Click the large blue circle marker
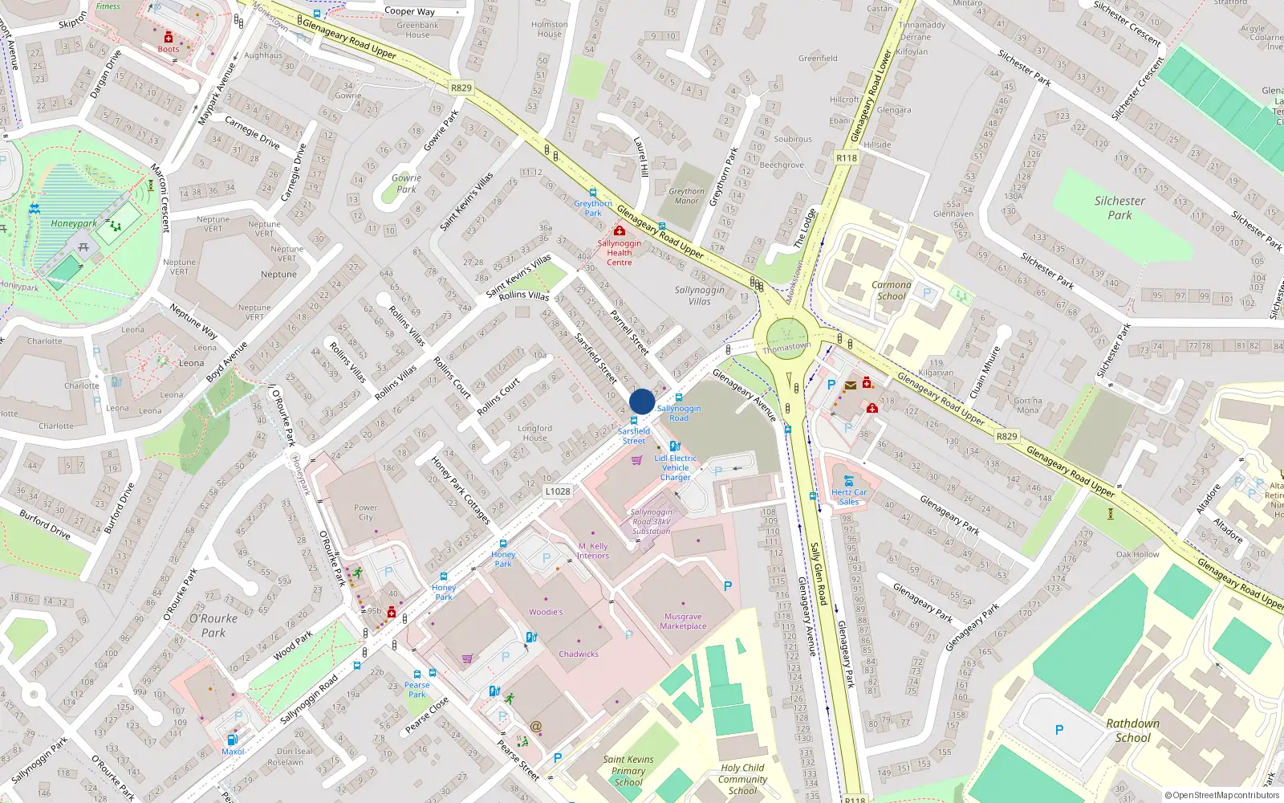pos(642,401)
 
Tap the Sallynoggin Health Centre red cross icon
pos(619,231)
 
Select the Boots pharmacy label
pos(169,49)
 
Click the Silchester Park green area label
pos(1119,208)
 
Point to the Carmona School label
pos(891,291)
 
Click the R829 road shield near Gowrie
pos(461,88)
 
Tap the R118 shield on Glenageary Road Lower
pos(847,158)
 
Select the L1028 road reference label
pos(558,491)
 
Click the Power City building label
pos(365,512)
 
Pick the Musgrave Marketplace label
pos(683,622)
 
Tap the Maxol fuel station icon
pos(232,740)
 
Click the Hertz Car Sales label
pos(849,497)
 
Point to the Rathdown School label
pos(1132,730)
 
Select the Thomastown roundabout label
pos(786,348)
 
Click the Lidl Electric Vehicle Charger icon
pos(675,446)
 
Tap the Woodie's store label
pos(546,612)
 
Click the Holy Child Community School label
pos(742,779)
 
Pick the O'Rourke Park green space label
pos(213,626)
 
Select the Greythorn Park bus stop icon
pos(593,193)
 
